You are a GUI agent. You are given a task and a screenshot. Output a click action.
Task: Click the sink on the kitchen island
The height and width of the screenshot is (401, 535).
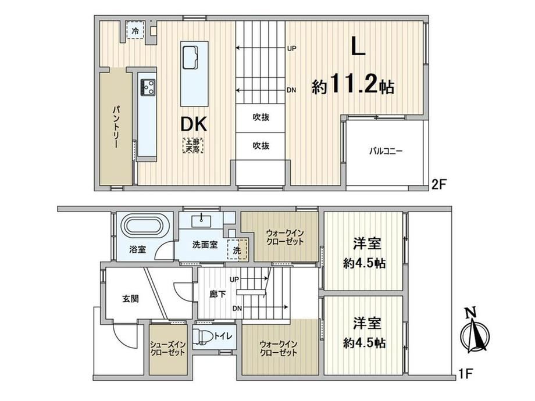[x=190, y=57]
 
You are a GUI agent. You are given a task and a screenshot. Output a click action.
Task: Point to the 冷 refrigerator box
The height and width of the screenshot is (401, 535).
[x=135, y=30]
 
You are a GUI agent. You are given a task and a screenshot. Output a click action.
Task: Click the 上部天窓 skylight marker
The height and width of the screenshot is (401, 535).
[x=193, y=145]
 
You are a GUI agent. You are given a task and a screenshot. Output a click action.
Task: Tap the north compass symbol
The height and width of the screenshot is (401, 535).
[x=475, y=330]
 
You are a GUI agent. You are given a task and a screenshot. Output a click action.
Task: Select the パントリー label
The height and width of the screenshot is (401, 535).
[x=116, y=127]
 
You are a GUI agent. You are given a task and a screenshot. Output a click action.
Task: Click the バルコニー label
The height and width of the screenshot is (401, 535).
[x=386, y=151]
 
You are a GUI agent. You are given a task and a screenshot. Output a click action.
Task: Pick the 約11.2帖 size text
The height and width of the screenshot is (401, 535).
[x=353, y=84]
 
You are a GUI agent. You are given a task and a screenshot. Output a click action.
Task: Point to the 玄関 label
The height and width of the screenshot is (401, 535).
[x=130, y=299]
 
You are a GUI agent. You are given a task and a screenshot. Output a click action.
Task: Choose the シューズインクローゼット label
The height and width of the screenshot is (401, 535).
[x=167, y=348]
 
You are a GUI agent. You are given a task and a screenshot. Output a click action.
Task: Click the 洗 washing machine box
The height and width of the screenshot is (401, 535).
[x=237, y=250]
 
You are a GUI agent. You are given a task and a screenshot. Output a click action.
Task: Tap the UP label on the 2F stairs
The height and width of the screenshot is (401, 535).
[x=291, y=48]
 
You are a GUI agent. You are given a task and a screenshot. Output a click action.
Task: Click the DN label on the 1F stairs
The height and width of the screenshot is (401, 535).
[x=237, y=309]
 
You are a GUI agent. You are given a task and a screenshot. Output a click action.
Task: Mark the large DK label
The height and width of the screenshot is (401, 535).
[x=194, y=124]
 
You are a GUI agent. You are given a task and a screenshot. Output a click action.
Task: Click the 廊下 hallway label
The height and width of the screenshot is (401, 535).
[x=217, y=293]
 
